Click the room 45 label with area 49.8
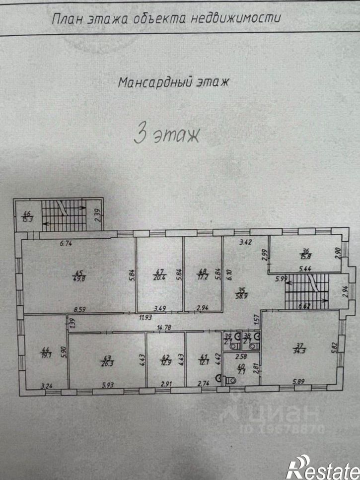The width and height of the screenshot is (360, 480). pyautogui.click(x=77, y=275)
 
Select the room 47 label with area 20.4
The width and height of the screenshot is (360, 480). pyautogui.click(x=160, y=274)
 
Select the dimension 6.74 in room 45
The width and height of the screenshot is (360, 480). pyautogui.click(x=66, y=243)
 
